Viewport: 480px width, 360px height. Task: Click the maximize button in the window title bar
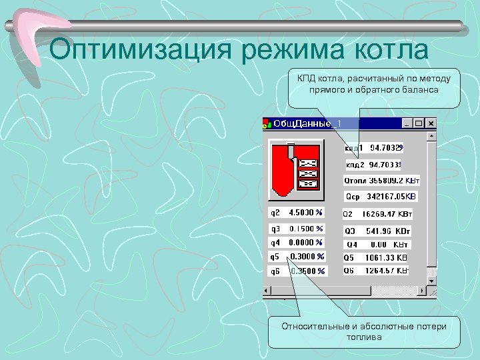419,123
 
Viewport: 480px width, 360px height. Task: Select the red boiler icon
295,169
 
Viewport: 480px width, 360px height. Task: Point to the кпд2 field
377,164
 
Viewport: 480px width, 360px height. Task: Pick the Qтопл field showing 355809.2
382,180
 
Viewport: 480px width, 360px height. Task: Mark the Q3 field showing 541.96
377,231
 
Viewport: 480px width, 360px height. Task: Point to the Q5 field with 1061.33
375,257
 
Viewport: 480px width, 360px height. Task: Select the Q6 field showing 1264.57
375,271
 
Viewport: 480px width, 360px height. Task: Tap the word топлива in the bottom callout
364,337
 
